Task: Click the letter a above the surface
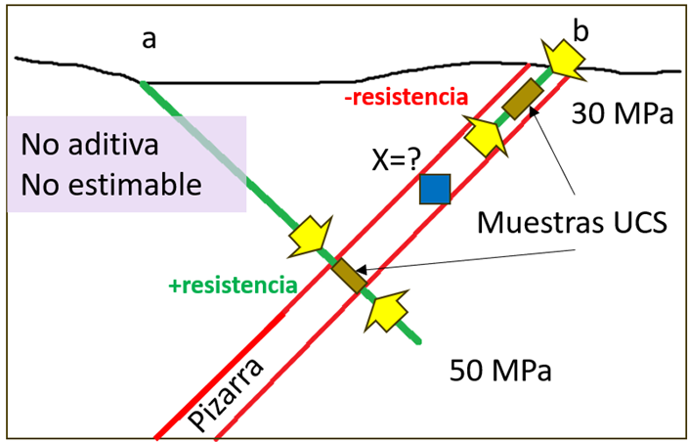pos(150,40)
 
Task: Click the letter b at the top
pos(580,31)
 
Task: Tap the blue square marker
pos(434,189)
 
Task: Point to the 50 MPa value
pos(500,371)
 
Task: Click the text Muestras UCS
pos(571,222)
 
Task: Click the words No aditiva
pos(90,147)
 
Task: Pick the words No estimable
pos(110,183)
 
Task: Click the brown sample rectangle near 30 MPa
pos(522,98)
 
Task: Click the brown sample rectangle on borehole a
pos(347,275)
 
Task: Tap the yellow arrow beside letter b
pos(564,58)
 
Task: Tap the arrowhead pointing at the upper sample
pos(534,112)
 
